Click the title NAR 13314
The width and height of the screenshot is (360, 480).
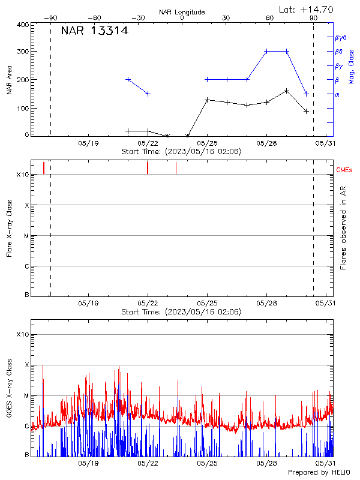point(94,31)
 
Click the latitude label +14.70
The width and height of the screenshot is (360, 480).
point(307,9)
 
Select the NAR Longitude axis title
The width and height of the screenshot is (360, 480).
point(182,12)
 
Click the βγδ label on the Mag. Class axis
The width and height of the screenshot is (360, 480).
point(340,37)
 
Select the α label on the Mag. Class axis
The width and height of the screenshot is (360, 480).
point(337,94)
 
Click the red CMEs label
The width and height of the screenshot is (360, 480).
point(344,171)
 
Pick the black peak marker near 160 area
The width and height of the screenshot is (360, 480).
point(287,91)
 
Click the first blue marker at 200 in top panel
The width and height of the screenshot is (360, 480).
point(128,79)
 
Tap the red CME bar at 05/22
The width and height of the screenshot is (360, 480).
point(148,167)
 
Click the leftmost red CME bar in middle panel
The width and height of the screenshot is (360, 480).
point(44,168)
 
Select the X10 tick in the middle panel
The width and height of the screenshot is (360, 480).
point(23,175)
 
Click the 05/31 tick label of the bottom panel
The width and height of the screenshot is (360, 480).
point(326,463)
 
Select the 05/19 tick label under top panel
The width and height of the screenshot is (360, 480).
point(88,143)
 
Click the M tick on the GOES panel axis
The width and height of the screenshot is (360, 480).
point(26,396)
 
